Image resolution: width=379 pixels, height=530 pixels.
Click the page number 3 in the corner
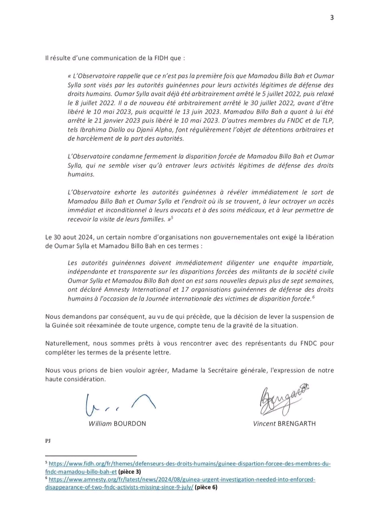[x=332, y=17]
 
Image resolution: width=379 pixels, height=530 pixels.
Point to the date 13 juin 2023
[x=197, y=112]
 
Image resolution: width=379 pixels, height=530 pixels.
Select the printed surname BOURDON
[x=130, y=424]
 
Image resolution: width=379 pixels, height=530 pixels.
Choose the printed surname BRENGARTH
[x=296, y=424]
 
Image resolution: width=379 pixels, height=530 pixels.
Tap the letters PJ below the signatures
[x=48, y=440]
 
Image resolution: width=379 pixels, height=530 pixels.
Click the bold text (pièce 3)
[x=129, y=472]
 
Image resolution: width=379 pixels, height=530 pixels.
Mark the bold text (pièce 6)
[x=206, y=487]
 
